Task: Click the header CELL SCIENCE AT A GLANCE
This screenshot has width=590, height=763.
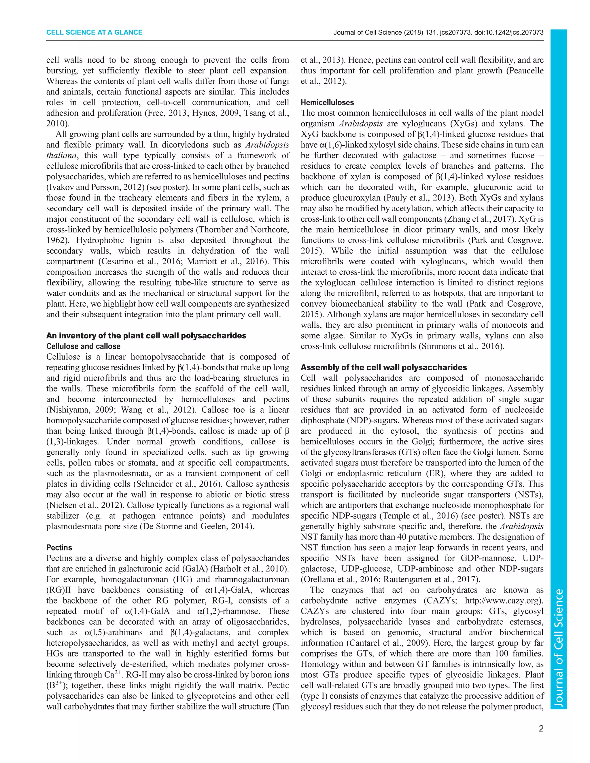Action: (94, 33)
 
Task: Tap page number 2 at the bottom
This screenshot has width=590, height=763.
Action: (541, 728)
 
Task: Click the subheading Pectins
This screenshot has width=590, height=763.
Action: (59, 547)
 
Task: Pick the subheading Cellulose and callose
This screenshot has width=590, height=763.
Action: (83, 346)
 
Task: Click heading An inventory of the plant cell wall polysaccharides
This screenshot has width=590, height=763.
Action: (146, 336)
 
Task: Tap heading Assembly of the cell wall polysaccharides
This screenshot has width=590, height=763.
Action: (384, 367)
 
